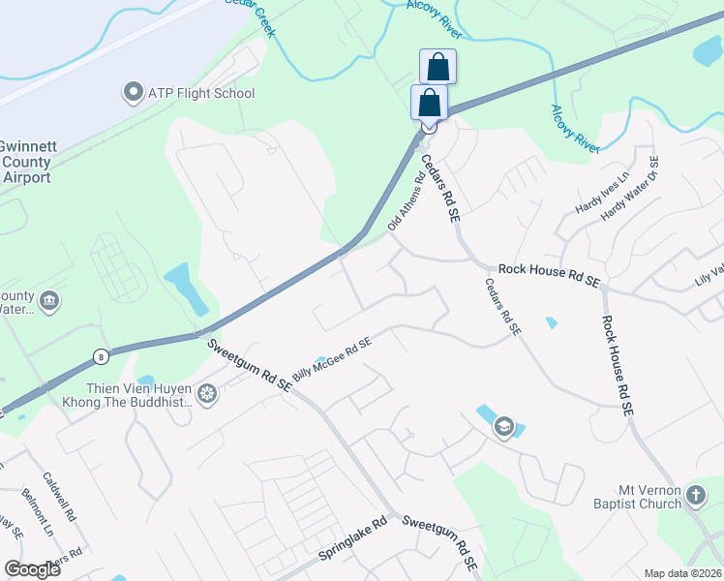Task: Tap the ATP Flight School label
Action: [x=200, y=94]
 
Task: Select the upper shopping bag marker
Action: [x=437, y=67]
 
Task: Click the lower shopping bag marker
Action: [x=429, y=102]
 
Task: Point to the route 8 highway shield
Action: [x=101, y=356]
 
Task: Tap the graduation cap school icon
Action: [x=503, y=426]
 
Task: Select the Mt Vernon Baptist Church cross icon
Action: [x=695, y=497]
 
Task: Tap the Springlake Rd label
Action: [x=352, y=547]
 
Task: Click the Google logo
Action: [x=32, y=569]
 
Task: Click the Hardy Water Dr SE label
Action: [x=630, y=189]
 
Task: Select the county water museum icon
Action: [x=49, y=302]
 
